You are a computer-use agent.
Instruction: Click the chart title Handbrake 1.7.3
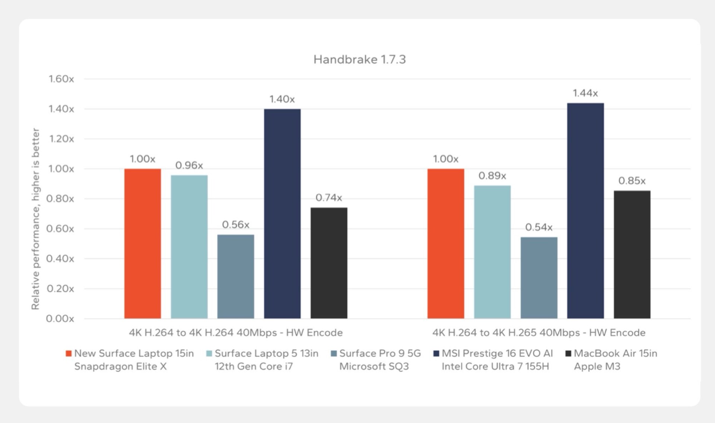click(359, 59)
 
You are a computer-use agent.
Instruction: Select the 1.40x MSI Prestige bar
click(282, 214)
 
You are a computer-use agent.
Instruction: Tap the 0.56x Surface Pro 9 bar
click(236, 276)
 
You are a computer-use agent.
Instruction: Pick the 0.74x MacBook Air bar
click(329, 263)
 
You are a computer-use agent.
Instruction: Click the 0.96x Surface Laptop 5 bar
click(189, 247)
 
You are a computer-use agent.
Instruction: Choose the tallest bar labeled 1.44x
click(585, 211)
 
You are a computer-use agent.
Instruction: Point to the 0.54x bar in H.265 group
click(539, 278)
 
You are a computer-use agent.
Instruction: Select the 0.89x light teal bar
click(492, 252)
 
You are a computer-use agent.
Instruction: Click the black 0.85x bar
click(632, 255)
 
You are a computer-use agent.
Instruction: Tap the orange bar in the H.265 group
click(446, 243)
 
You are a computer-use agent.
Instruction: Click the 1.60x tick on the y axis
click(61, 79)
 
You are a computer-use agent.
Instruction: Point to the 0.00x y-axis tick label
click(60, 319)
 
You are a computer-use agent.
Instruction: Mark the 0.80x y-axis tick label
click(60, 199)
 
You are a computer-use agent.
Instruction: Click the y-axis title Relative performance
click(35, 219)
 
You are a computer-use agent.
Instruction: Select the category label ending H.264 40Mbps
click(236, 332)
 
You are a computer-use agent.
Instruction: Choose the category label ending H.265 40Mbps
click(539, 332)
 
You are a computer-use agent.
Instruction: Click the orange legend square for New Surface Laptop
click(69, 353)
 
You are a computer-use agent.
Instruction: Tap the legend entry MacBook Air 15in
click(615, 353)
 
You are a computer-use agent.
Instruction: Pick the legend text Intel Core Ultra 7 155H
click(495, 366)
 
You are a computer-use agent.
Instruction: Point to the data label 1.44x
click(585, 93)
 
